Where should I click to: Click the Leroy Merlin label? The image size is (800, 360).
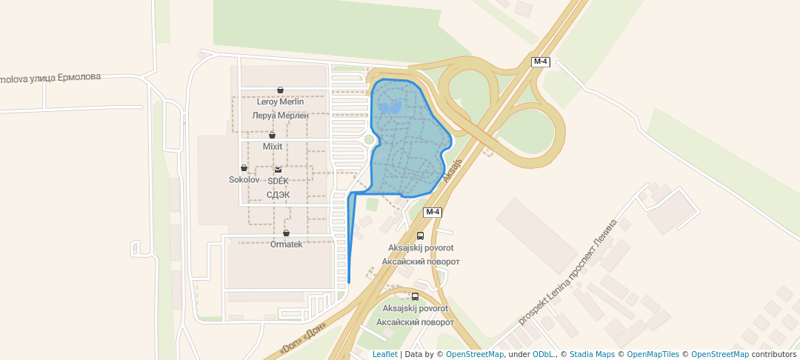[x=280, y=101]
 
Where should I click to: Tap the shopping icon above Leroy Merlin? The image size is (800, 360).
[x=280, y=90]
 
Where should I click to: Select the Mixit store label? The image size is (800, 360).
[x=273, y=147]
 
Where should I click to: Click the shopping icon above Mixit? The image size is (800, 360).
[x=273, y=136]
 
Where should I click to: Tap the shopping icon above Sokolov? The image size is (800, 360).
[x=244, y=168]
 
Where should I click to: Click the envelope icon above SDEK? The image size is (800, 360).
[x=278, y=170]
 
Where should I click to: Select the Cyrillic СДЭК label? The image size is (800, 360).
[x=278, y=195]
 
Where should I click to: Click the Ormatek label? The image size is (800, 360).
[x=286, y=244]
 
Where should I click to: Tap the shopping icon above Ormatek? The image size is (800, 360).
[x=286, y=233]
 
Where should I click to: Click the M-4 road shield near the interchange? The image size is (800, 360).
[x=541, y=61]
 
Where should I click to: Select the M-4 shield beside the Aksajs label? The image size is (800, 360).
[x=433, y=213]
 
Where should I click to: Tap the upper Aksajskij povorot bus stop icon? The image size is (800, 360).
[x=421, y=236]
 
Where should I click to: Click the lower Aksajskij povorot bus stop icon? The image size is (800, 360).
[x=415, y=296]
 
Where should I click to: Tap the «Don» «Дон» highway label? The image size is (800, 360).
[x=304, y=339]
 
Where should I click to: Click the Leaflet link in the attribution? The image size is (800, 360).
[x=384, y=354]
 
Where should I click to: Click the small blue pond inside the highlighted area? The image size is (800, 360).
[x=390, y=107]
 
